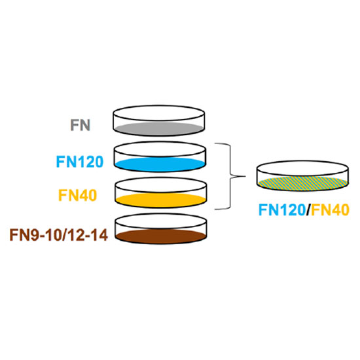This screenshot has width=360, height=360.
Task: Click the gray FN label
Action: (x=80, y=125)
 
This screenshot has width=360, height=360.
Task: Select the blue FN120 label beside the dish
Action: (x=80, y=162)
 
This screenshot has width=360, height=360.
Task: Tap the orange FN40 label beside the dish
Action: (x=78, y=195)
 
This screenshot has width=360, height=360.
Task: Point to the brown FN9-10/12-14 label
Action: (x=58, y=235)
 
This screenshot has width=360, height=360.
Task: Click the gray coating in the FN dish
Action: (x=159, y=129)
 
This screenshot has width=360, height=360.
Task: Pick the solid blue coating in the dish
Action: (x=160, y=164)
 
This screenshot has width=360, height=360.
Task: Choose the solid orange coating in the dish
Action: (x=160, y=200)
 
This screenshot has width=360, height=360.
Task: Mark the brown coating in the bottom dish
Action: (x=161, y=236)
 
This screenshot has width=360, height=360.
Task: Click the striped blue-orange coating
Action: (x=302, y=183)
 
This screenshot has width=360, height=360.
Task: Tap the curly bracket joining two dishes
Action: (x=230, y=177)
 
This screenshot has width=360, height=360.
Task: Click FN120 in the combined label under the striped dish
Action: (x=282, y=210)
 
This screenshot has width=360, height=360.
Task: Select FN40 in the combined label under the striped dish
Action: (x=330, y=210)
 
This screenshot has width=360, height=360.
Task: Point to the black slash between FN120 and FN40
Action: (x=308, y=210)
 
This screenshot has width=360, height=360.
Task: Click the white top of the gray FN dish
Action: (x=158, y=113)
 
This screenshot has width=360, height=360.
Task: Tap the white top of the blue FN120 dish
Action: (x=160, y=149)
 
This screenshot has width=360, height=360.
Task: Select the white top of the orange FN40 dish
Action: (x=161, y=185)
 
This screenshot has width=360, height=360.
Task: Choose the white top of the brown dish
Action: (x=161, y=221)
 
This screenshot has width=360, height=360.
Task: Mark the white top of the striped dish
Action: (x=302, y=168)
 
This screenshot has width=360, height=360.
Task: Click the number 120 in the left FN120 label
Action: (x=89, y=162)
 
